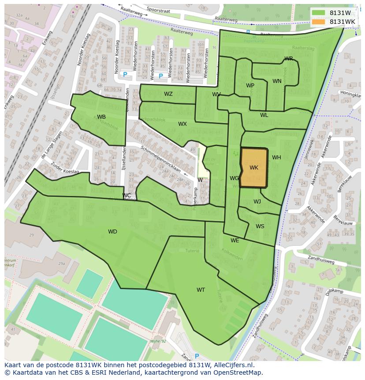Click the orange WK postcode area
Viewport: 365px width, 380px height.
(254, 168)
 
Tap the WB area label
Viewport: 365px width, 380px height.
(101, 117)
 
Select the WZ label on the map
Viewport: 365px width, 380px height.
(168, 94)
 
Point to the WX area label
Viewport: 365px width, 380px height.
(182, 124)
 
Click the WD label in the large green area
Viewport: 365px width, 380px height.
(112, 232)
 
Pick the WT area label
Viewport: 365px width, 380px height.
(201, 290)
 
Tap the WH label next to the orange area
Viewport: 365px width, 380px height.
(276, 158)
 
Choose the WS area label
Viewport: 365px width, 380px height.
(260, 226)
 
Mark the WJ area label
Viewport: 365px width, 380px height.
(257, 202)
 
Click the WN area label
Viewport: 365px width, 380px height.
(277, 81)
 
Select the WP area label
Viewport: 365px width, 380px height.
(250, 86)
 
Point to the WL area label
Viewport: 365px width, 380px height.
(264, 115)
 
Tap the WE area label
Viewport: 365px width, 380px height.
(235, 241)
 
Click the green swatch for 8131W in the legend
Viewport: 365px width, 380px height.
(318, 13)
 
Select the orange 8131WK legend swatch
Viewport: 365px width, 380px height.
(318, 22)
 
